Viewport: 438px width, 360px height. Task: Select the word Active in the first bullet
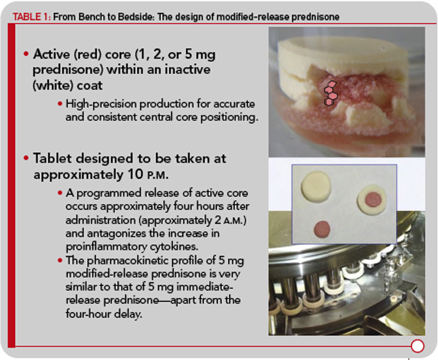tap(51, 55)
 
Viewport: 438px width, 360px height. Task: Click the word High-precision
tap(101, 104)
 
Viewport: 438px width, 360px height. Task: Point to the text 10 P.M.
tap(148, 175)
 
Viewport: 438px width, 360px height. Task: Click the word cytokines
tap(175, 246)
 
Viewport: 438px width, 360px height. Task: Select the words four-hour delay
tap(104, 314)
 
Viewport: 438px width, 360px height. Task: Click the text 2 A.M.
tap(229, 220)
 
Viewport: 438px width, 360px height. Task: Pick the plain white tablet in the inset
tap(316, 186)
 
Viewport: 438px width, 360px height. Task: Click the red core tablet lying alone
tap(322, 229)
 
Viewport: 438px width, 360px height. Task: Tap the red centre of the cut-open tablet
tap(373, 199)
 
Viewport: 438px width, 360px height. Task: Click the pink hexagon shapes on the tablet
tap(331, 93)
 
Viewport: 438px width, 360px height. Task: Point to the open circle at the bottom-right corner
tap(417, 346)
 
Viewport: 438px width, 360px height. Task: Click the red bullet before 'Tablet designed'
tap(26, 158)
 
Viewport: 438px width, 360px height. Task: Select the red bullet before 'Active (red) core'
tap(26, 53)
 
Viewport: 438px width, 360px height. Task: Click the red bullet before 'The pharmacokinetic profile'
tap(60, 261)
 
